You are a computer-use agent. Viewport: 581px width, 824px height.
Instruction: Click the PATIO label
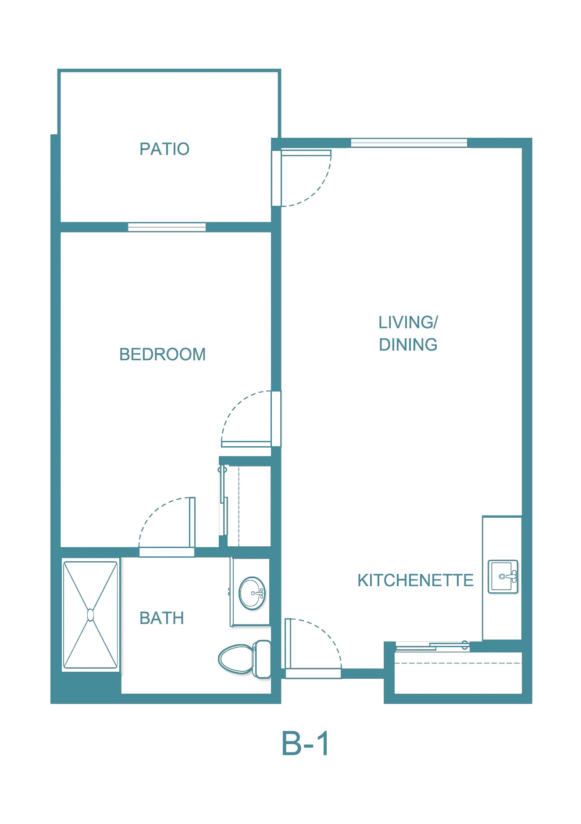pos(164,149)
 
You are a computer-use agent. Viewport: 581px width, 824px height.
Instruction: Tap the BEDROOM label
pos(162,355)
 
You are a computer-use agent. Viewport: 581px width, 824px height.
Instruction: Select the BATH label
pos(161,618)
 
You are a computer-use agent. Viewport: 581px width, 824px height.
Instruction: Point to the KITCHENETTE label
pos(415,580)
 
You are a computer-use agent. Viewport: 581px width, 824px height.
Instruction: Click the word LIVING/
pos(408,322)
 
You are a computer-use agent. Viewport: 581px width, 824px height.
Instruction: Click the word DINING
pos(408,345)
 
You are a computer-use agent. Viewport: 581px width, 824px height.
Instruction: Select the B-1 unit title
pos(306,744)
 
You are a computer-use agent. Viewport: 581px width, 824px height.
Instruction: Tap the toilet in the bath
pos(245,659)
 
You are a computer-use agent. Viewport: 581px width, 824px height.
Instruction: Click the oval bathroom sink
pos(252,593)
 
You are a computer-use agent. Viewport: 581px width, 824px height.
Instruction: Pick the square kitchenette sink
pos(503,577)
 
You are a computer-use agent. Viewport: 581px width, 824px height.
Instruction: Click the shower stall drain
pos(91,615)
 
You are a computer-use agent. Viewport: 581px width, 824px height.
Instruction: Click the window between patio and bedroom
pos(167,227)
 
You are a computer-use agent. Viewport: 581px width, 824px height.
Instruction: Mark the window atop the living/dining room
pos(409,143)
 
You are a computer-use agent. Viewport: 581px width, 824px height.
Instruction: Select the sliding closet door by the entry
pos(432,646)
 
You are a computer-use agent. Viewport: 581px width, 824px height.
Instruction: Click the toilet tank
pos(262,659)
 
